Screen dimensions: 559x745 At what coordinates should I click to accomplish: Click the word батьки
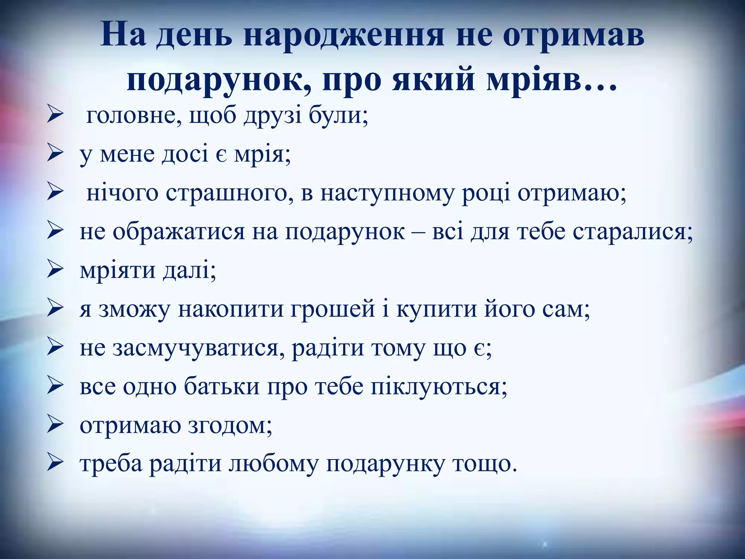tap(222, 387)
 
